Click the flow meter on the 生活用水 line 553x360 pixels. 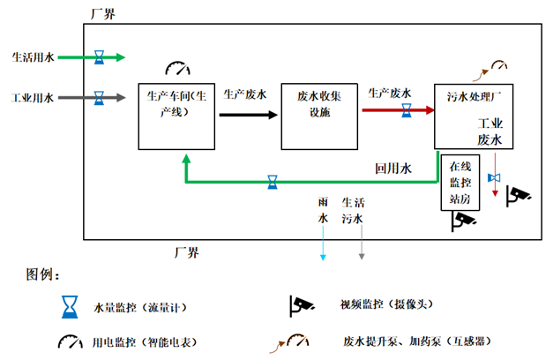click(x=100, y=57)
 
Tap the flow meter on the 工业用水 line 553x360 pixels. click(x=100, y=95)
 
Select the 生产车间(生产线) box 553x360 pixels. click(x=176, y=116)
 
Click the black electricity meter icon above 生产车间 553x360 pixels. click(x=177, y=69)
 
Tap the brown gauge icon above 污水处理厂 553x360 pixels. click(x=499, y=64)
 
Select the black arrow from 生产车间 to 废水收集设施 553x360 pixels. click(x=248, y=111)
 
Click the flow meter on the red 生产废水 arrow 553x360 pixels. click(x=407, y=110)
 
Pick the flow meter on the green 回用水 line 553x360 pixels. click(x=273, y=183)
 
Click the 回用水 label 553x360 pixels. click(x=393, y=168)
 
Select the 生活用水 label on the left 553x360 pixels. click(x=33, y=57)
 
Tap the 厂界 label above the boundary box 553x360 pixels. click(x=102, y=14)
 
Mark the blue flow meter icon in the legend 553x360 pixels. click(x=68, y=305)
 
